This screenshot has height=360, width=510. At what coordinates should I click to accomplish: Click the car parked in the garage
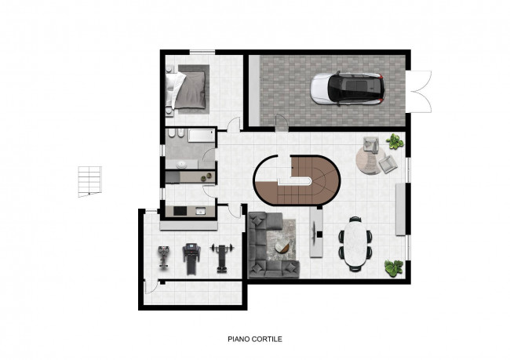348,89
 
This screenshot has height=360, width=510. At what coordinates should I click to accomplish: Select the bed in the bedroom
187,89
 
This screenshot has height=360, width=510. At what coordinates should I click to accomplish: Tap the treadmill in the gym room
191,259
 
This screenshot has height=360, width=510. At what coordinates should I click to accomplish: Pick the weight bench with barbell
222,257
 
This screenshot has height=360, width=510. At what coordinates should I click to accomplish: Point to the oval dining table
355,243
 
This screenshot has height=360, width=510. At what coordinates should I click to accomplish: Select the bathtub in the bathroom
202,135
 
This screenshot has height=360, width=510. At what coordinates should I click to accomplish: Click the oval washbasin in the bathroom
181,165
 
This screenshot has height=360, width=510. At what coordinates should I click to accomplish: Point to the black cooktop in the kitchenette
180,211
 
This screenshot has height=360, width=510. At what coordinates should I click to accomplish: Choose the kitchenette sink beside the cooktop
200,212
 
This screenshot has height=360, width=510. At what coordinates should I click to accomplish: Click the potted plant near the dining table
394,268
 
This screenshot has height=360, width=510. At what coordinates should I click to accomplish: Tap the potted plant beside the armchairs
395,141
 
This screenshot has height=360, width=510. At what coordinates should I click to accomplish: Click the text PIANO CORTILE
255,339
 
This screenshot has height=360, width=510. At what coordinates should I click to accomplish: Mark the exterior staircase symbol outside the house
89,181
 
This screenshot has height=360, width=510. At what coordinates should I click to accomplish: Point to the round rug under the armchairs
370,160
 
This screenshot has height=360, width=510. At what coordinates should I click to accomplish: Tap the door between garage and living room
282,123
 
